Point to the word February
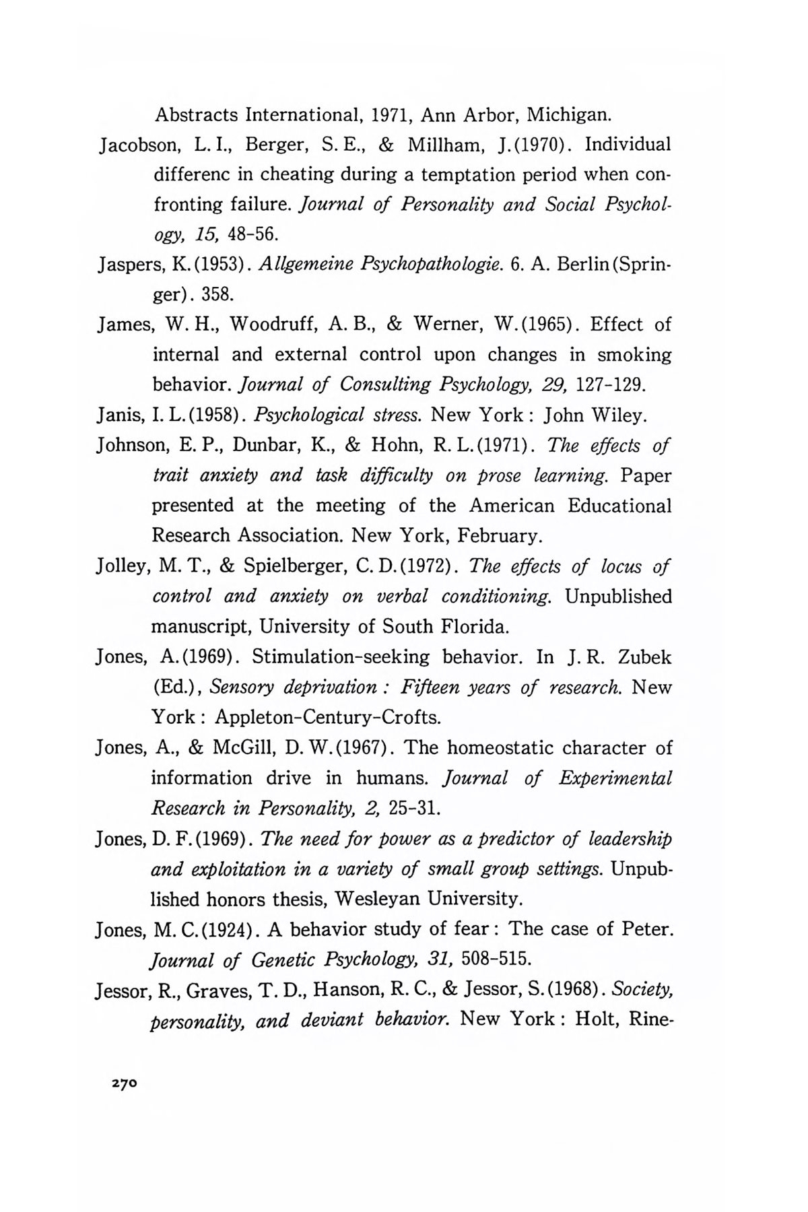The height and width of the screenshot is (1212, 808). click(x=500, y=537)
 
